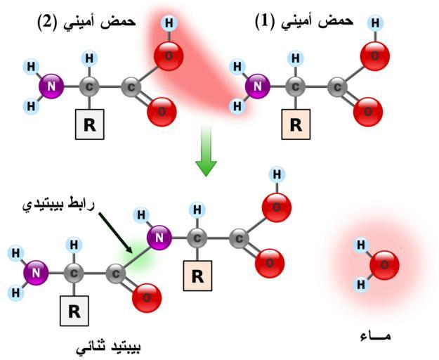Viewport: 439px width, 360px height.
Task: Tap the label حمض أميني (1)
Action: [x=303, y=21]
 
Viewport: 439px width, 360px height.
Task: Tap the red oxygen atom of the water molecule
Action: [x=384, y=265]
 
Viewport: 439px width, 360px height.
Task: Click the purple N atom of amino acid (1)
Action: [x=258, y=87]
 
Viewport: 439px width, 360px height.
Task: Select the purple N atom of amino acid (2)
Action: [x=51, y=87]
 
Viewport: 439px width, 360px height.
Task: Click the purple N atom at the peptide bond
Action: [x=160, y=238]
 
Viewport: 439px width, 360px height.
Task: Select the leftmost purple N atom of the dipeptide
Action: [x=35, y=272]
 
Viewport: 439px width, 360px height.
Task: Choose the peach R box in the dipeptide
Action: [x=197, y=276]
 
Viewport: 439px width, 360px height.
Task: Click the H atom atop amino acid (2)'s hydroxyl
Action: [x=169, y=23]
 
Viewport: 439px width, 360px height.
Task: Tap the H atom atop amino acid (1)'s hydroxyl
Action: [x=375, y=23]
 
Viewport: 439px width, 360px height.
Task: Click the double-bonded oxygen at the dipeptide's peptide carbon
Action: [x=146, y=297]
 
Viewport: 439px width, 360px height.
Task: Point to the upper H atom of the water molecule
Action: [x=361, y=245]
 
